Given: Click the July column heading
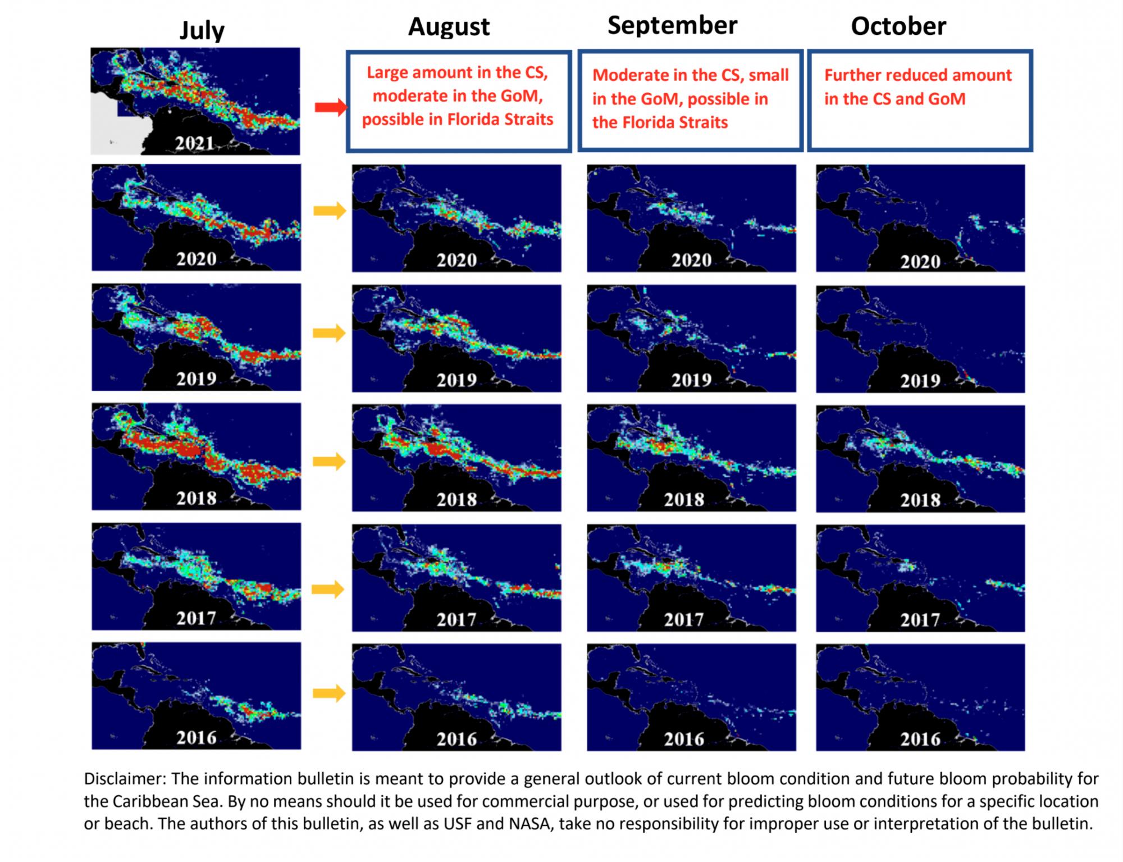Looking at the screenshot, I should pos(202,30).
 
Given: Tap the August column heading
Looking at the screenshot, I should pos(449,26).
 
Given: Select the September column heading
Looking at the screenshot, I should pos(672,25).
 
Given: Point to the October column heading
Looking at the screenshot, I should pos(898,26).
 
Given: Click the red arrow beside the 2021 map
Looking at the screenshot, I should pos(330,107).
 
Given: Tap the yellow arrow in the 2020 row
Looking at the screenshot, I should pos(330,211).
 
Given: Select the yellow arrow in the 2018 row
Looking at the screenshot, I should pos(329,462).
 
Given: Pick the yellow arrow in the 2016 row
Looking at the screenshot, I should pos(329,693).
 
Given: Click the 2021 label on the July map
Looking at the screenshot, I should pos(194,144).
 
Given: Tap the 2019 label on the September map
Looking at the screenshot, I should pos(691,380).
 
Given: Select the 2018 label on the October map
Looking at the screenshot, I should pos(920,500).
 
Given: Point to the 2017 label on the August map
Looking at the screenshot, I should pos(456,619).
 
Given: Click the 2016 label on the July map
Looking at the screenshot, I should pos(197,737).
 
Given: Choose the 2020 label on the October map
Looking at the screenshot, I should pos(920,262).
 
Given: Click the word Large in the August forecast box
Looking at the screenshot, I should pos(387,72).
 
